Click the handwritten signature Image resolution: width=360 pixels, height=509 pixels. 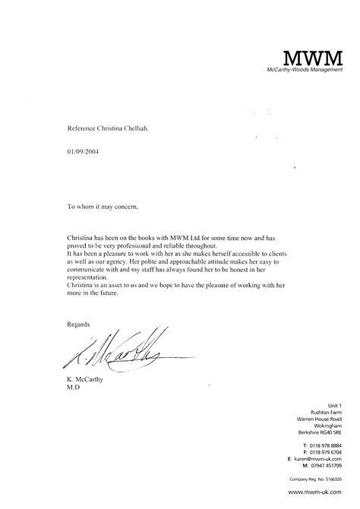pyautogui.click(x=114, y=350)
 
